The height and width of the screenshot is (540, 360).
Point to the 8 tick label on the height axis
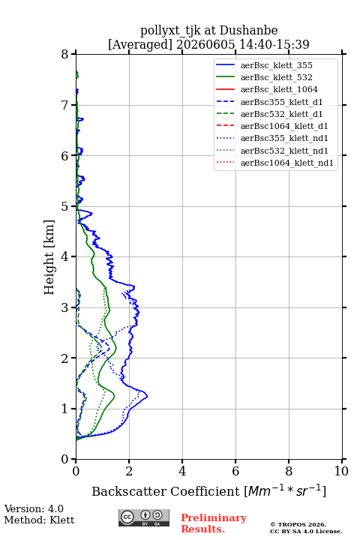click(65, 54)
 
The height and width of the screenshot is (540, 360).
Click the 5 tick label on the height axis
click(65, 206)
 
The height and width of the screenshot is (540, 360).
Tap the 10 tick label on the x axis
click(341, 471)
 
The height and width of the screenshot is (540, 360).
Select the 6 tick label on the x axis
click(235, 471)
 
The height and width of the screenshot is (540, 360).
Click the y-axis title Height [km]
click(49, 257)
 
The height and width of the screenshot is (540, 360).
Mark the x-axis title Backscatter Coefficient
click(166, 491)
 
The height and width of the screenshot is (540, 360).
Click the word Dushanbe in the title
click(248, 30)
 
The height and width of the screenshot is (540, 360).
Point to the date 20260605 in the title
click(205, 44)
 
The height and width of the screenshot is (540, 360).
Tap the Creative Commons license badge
click(144, 517)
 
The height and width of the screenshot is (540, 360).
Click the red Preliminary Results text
click(214, 523)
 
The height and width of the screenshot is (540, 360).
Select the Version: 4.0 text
click(34, 508)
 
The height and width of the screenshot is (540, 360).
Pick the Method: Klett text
click(39, 520)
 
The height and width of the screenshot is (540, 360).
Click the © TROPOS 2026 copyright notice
click(298, 524)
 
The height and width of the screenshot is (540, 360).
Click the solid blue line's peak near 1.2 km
click(148, 396)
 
